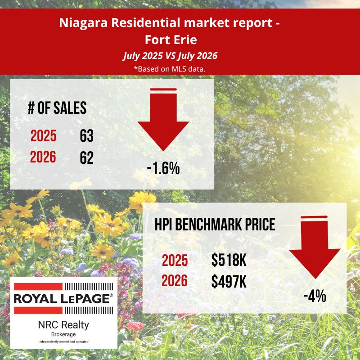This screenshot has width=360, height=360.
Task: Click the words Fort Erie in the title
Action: pos(171,40)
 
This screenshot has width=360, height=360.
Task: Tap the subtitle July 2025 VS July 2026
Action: pos(170,56)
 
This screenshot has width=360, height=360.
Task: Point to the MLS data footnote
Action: pos(170,69)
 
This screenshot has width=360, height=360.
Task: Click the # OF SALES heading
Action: pos(57,108)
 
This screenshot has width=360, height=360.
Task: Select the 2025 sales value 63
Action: pos(86,136)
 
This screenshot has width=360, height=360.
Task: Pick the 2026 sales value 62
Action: pos(86,157)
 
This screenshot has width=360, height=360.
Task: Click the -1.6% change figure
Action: pos(163,168)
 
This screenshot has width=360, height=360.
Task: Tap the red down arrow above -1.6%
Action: pos(163,119)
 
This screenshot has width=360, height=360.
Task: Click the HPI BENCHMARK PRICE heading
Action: pos(215,224)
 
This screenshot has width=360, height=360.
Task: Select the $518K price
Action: pos(229,261)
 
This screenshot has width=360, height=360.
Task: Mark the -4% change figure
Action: pos(315,296)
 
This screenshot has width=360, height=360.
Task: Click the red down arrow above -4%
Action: pos(315,247)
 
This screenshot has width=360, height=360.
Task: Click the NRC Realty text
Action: pos(63,325)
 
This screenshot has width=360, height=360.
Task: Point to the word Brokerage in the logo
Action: pos(63,334)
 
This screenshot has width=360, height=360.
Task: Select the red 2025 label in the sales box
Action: pos(43,136)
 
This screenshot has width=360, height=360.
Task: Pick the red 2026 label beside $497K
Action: pos(175,280)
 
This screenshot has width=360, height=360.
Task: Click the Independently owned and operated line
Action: pos(63,342)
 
